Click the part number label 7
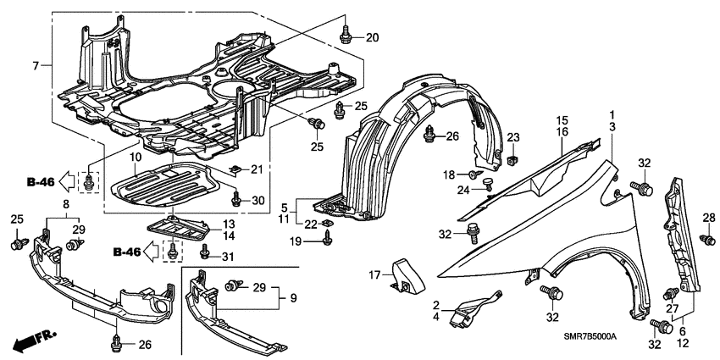point(35,65)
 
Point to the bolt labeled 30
point(235,201)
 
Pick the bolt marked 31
point(204,251)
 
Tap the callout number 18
point(450,174)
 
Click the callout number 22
point(310,224)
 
